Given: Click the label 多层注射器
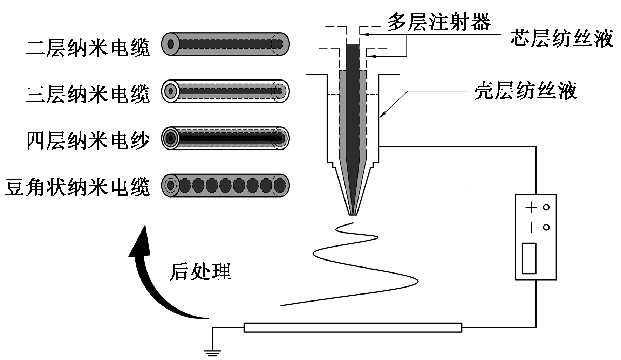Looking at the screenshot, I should (x=439, y=22).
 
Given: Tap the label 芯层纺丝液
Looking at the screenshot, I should (x=561, y=38).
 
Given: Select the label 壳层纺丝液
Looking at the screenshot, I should (x=526, y=91).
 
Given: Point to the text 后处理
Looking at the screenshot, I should (x=200, y=271).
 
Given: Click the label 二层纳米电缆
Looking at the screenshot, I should (x=88, y=47).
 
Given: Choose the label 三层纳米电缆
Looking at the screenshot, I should (x=88, y=94).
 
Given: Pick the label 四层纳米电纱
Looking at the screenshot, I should (x=88, y=140).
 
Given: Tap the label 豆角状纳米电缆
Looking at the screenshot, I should (x=77, y=186).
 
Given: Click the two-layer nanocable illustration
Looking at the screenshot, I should (x=225, y=44).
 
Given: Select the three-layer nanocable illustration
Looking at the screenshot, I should (x=225, y=91).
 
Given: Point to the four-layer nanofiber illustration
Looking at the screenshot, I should (x=225, y=138).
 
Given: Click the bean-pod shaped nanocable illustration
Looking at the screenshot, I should (x=225, y=185).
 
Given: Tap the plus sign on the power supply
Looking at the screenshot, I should (x=531, y=207).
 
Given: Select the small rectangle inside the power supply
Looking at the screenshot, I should (x=529, y=258).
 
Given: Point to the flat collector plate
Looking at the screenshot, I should (x=353, y=327).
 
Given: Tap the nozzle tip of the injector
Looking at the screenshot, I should (x=353, y=213).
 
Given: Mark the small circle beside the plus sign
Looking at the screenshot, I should (x=546, y=207).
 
